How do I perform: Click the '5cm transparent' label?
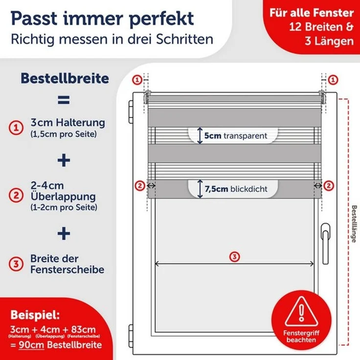pyautogui.click(x=232, y=135)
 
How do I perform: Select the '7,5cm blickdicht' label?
pyautogui.click(x=232, y=188)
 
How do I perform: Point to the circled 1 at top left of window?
pyautogui.click(x=137, y=79)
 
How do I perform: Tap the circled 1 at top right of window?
pyautogui.click(x=333, y=79)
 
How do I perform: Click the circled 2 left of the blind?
pyautogui.click(x=140, y=185)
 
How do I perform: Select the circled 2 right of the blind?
pyautogui.click(x=329, y=185)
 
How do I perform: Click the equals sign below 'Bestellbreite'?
pyautogui.click(x=64, y=100)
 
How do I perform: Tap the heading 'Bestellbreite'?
pyautogui.click(x=64, y=79)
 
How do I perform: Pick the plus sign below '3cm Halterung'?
pyautogui.click(x=64, y=160)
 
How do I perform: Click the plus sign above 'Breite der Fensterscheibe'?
pyautogui.click(x=64, y=234)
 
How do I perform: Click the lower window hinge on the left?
pyautogui.click(x=131, y=332)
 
